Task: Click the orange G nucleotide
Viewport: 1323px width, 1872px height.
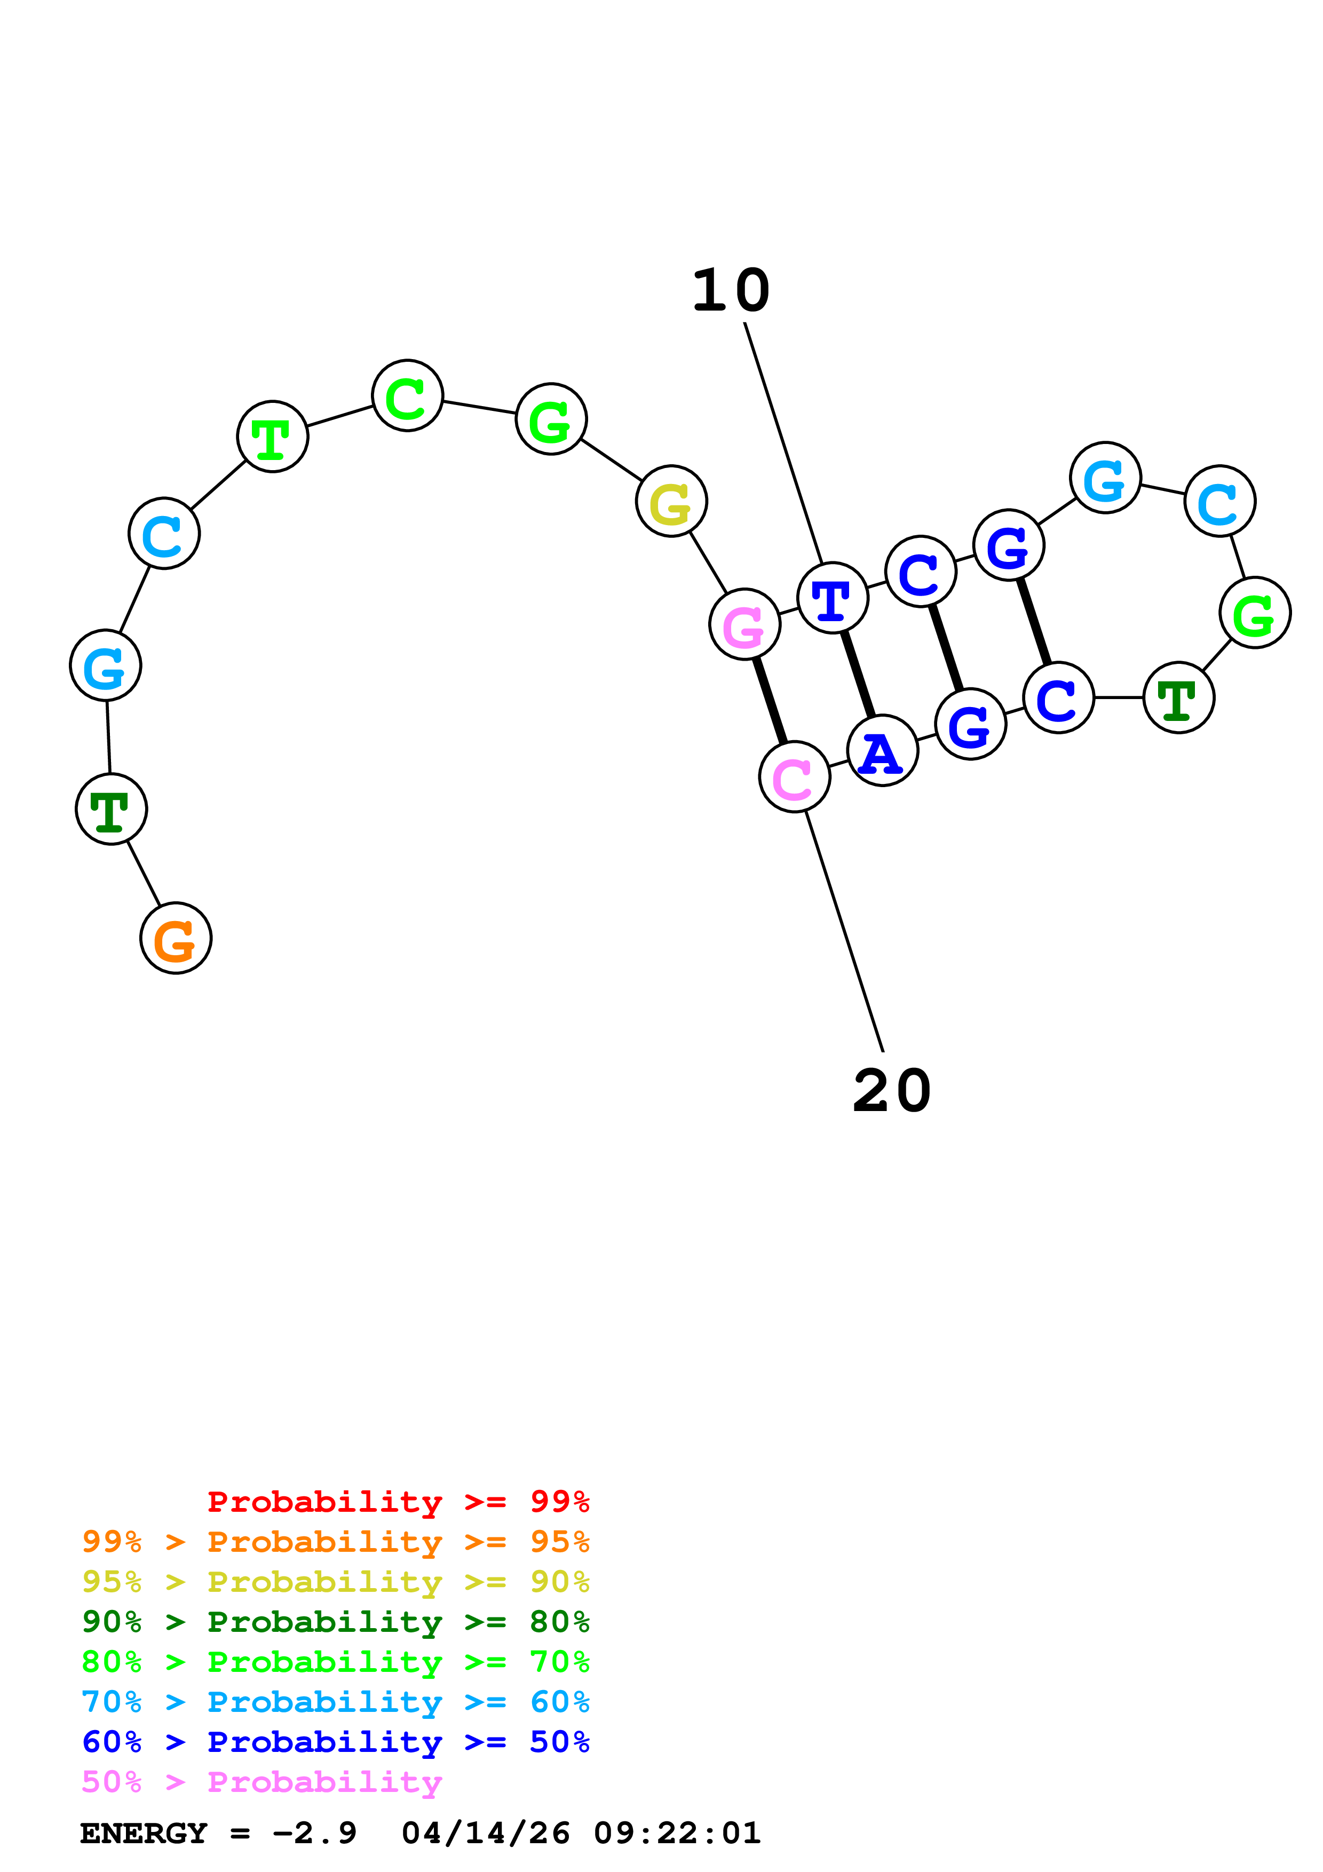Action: coord(176,939)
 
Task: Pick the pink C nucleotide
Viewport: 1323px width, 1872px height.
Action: coord(794,777)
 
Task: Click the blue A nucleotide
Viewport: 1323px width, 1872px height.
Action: coord(882,751)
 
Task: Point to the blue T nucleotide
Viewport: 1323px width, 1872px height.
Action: coord(832,598)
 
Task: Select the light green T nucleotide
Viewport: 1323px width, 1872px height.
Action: coord(272,437)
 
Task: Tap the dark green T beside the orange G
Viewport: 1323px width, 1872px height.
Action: coord(111,809)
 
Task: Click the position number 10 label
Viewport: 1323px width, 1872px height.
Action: coord(731,291)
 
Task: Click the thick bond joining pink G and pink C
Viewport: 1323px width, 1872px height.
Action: coord(770,701)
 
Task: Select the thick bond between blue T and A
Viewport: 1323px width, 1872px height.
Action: coord(858,675)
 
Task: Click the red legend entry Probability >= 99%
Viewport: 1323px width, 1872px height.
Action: coord(398,1502)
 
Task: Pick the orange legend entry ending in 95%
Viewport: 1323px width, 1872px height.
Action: coord(335,1542)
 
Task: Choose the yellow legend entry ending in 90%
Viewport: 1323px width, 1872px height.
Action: coord(335,1582)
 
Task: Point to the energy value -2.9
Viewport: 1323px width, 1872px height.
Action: coord(315,1833)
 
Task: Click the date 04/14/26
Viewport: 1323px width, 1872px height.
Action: coord(485,1833)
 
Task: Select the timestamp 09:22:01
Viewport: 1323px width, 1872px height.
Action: coord(677,1833)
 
